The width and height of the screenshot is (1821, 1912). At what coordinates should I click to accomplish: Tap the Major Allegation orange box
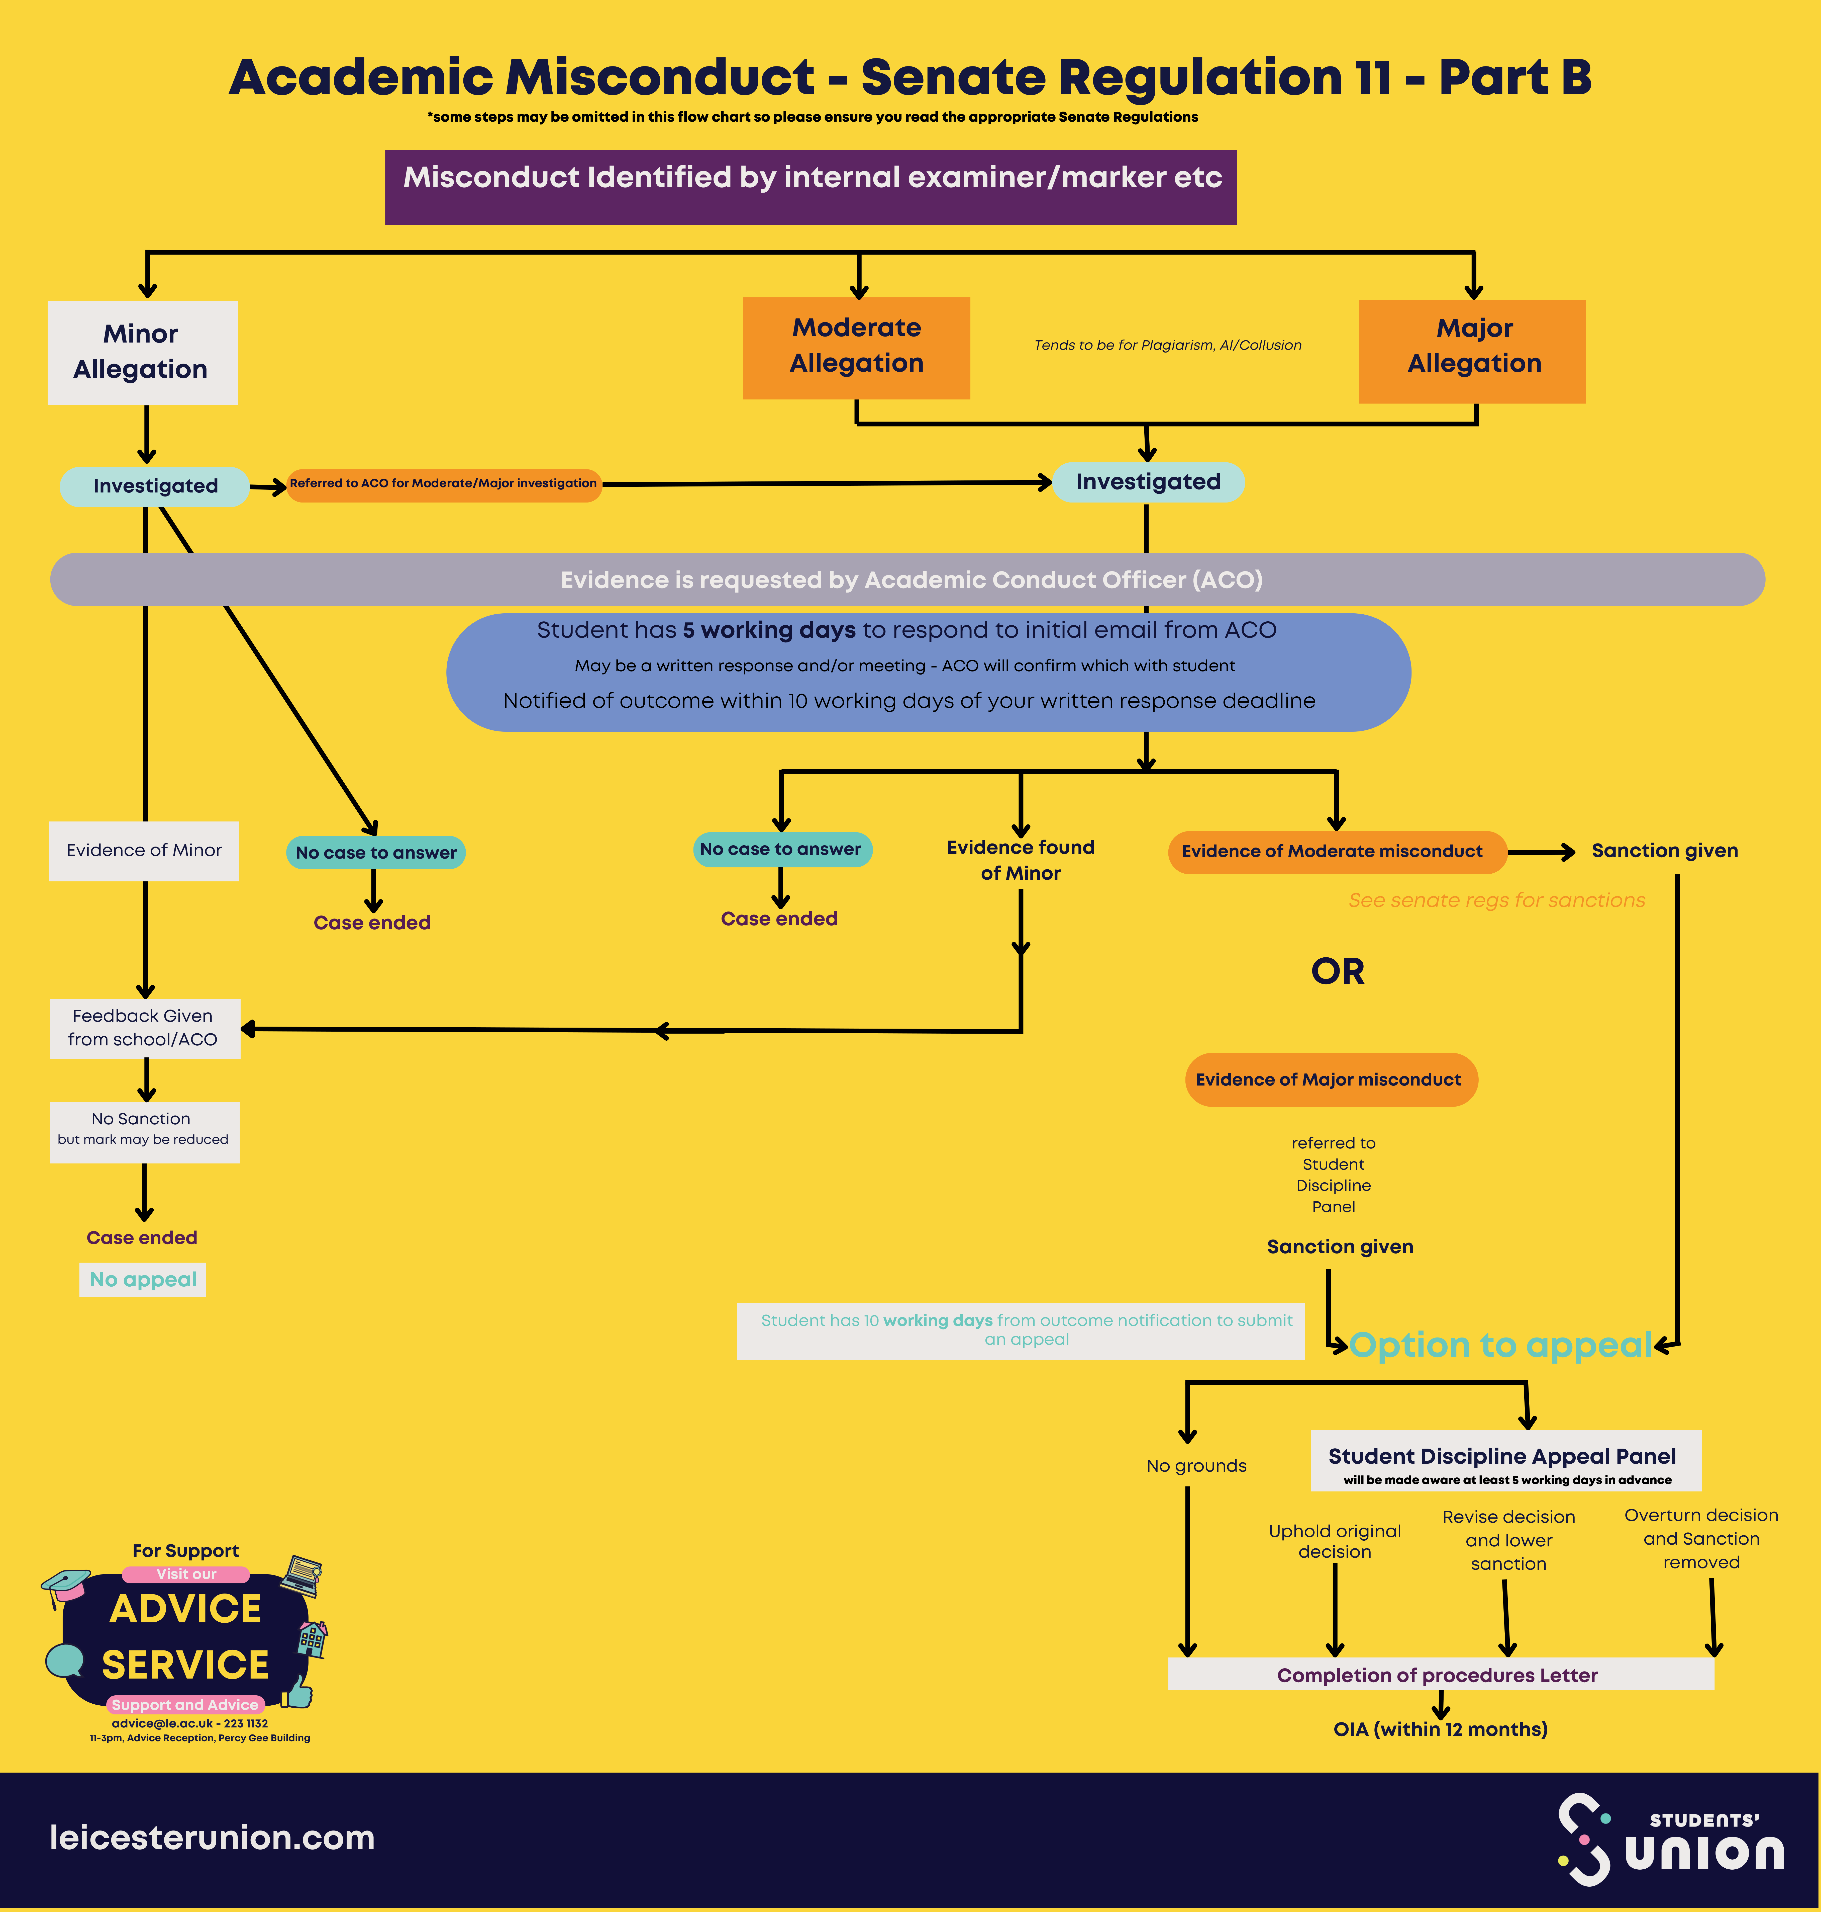(x=1472, y=351)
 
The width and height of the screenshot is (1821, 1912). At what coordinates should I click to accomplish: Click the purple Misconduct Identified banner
(x=811, y=187)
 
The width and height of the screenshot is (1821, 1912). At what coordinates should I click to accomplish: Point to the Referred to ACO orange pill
(x=444, y=484)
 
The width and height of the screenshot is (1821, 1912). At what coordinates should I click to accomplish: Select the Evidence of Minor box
(x=144, y=851)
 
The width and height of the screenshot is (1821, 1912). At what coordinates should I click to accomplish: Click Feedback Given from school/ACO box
(x=144, y=1027)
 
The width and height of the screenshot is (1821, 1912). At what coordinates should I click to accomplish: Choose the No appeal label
(x=143, y=1279)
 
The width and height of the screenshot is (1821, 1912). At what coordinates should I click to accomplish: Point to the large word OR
(x=1337, y=971)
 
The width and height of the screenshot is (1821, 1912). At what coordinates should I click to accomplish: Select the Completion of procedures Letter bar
(x=1440, y=1674)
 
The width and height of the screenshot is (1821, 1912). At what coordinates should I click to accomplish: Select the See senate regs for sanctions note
(x=1496, y=900)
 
